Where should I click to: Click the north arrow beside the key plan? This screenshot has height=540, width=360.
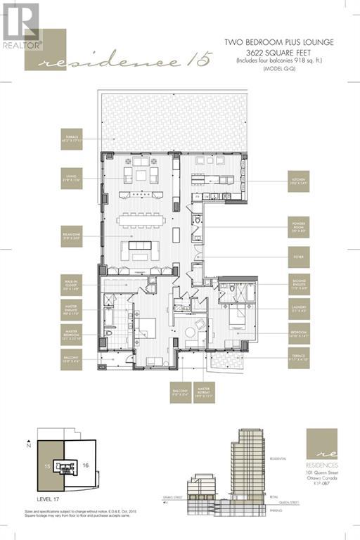point(30,446)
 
